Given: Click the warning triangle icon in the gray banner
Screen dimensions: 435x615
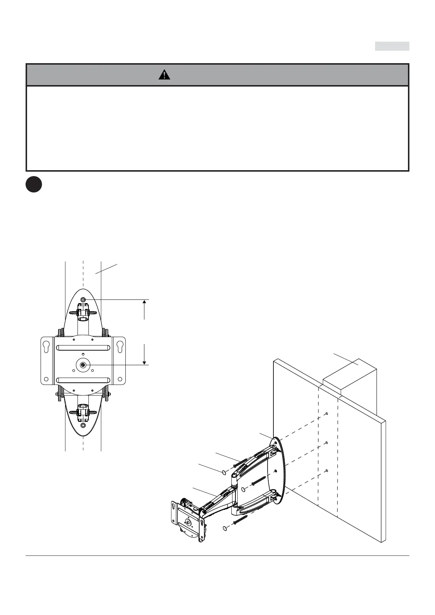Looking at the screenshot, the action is [164, 75].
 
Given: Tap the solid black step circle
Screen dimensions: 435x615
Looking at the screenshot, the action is [34, 185].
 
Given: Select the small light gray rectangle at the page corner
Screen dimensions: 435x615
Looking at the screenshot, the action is [392, 46].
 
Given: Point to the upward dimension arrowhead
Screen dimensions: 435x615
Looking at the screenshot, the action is [145, 302].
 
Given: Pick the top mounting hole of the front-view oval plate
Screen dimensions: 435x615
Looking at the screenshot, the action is [83, 299].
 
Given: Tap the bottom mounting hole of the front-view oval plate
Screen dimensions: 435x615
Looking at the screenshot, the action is [83, 425].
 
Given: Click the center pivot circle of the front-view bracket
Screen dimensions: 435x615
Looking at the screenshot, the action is [84, 364].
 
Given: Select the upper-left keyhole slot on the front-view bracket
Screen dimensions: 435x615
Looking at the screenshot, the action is [46, 347].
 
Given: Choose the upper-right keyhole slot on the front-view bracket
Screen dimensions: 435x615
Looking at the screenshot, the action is [119, 347].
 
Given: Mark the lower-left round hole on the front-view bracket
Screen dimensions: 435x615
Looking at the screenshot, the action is [46, 379].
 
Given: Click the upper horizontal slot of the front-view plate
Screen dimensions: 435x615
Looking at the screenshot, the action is [83, 348].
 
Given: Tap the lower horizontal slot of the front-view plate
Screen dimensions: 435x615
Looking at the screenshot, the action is [83, 380].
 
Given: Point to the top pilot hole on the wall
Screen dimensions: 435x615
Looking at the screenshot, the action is [326, 414].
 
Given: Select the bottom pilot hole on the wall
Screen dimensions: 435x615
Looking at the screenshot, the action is [326, 470].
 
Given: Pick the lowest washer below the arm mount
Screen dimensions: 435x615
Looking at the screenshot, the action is [224, 528].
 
